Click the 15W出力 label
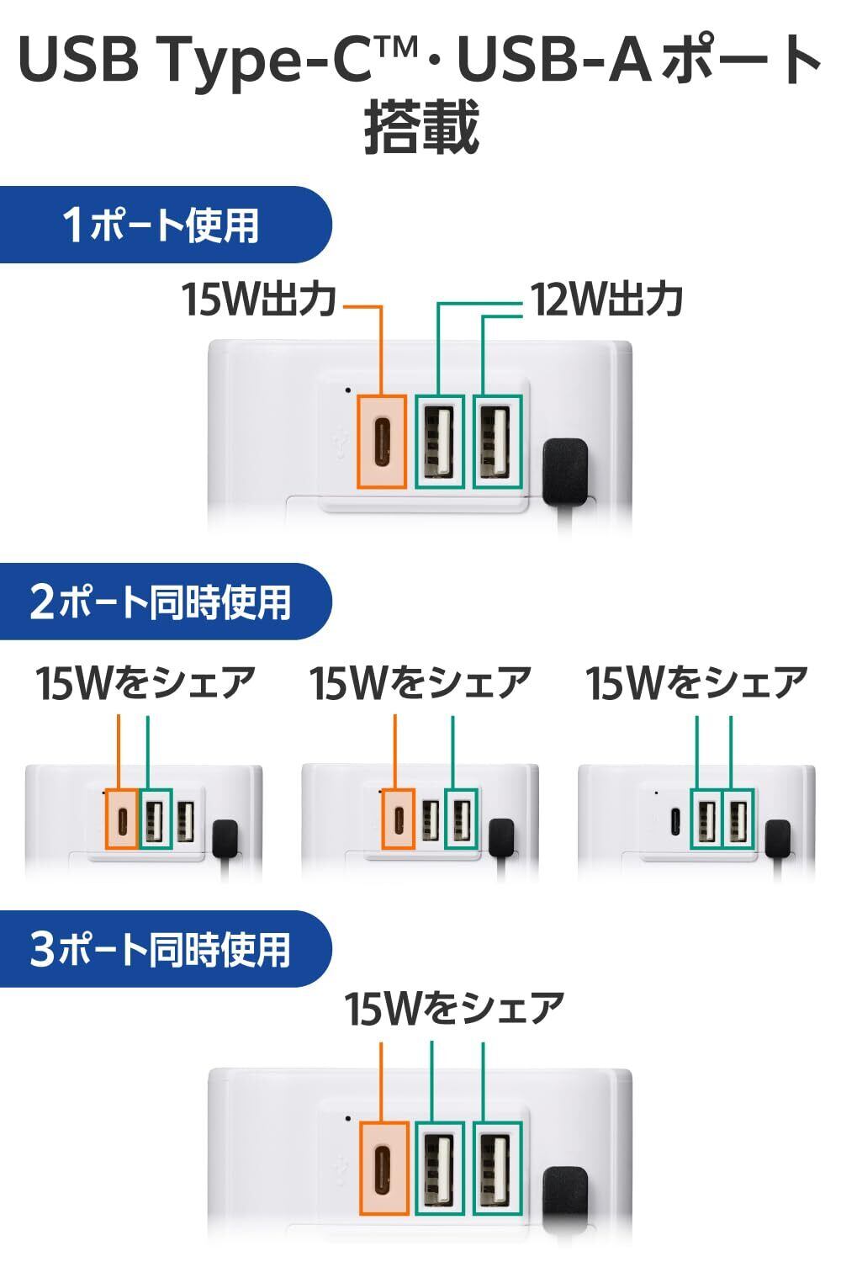pos(258,300)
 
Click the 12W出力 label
pos(606,300)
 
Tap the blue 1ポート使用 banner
pos(166,225)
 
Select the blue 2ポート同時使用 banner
pos(166,602)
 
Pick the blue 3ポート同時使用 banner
pos(166,949)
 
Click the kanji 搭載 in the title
pos(421,127)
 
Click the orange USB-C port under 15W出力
pos(381,441)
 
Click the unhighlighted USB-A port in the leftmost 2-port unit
pos(185,822)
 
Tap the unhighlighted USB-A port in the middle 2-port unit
pos(431,821)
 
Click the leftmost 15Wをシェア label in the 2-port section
pos(145,683)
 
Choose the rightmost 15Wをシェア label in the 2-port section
pos(697,683)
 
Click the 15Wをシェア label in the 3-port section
pos(454,1009)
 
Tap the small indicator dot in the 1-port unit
pos(348,390)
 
